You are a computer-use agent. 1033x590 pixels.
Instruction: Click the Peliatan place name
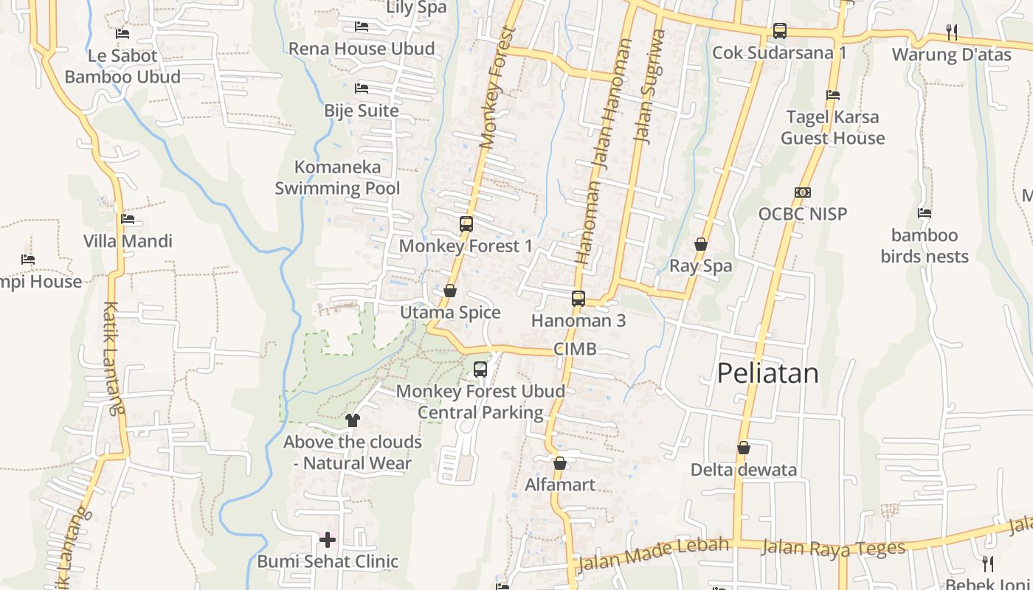click(768, 373)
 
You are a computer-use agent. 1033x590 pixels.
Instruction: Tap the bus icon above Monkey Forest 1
click(466, 223)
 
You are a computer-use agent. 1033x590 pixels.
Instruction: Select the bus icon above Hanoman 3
click(578, 298)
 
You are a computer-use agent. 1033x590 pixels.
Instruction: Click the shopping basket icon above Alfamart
click(560, 463)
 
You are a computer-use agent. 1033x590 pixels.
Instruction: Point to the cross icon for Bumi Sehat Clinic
click(328, 540)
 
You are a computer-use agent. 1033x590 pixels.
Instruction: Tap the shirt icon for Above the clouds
click(352, 420)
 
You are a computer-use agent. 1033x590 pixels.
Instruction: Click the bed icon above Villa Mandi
click(128, 219)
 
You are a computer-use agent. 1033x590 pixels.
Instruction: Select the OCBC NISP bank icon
click(803, 192)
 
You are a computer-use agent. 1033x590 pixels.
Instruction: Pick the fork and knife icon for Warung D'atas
click(952, 32)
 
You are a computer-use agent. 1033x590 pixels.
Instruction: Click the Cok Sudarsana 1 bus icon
click(780, 31)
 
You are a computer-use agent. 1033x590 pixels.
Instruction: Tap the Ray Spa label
click(701, 266)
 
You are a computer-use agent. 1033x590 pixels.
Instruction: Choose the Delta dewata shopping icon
click(744, 448)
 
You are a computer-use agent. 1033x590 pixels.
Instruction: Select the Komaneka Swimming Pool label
click(337, 178)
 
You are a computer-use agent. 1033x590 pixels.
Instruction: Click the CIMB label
click(575, 350)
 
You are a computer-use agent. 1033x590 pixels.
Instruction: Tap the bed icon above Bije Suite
click(362, 88)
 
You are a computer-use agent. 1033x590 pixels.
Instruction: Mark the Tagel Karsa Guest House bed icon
click(833, 95)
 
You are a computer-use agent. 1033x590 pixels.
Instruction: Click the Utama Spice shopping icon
click(450, 291)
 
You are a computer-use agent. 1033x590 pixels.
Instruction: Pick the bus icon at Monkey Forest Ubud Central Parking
click(480, 369)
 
